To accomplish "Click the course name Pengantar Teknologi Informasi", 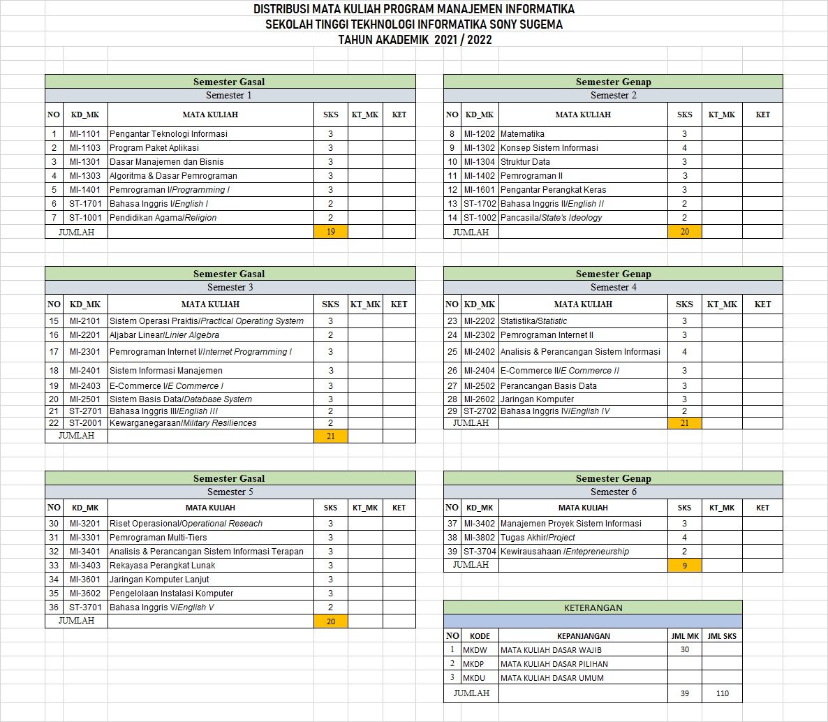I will pos(168,134).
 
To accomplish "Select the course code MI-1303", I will pos(84,176).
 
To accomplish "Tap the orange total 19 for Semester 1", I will pos(331,232).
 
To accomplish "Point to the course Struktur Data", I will pos(525,162).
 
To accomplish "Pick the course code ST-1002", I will pos(479,218).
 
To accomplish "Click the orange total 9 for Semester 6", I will pos(684,566).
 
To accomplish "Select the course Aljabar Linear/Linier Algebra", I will pos(164,335).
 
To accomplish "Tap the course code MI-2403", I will pos(84,386).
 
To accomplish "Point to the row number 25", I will pos(452,352).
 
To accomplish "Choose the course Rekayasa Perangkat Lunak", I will pos(162,566).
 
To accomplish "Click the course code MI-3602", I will pos(84,594).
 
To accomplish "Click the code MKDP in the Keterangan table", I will pos(473,664).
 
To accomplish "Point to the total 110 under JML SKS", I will pos(721,693).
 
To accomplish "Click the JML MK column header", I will pos(684,636).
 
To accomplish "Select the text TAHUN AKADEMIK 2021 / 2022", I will pos(415,40).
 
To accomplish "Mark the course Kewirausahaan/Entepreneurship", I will pos(564,552).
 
